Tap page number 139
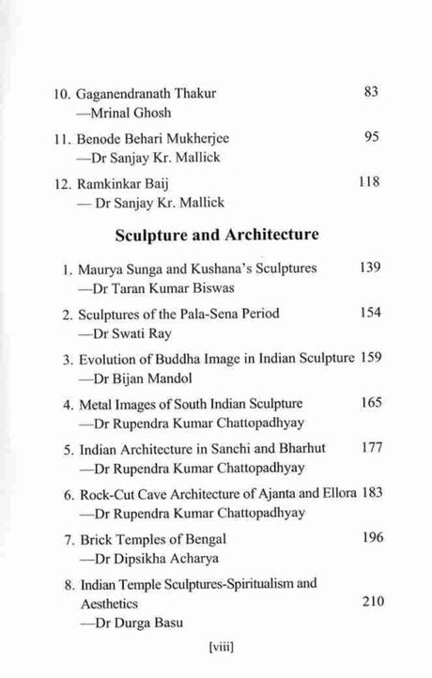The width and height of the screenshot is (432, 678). click(370, 268)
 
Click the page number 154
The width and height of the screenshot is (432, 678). click(370, 312)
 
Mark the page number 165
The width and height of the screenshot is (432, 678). click(370, 402)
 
